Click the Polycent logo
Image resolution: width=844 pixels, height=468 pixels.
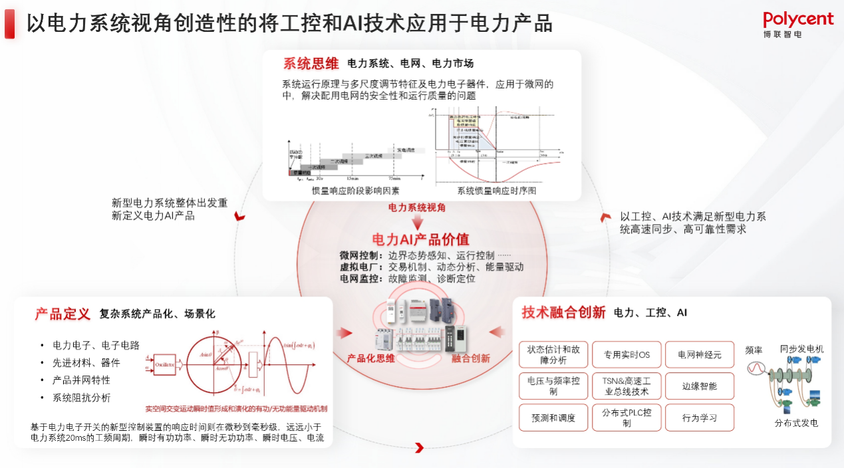(797, 24)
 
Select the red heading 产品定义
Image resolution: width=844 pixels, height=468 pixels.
(62, 314)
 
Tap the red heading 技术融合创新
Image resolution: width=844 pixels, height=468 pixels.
(563, 312)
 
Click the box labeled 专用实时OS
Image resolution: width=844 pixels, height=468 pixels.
(627, 355)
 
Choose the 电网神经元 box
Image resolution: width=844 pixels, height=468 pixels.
(699, 355)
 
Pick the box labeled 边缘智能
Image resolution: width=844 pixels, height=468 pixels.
(699, 386)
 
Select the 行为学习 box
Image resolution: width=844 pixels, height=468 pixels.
(699, 418)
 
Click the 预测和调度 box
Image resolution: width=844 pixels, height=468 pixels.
(553, 418)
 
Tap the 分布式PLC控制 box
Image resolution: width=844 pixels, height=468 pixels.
(627, 418)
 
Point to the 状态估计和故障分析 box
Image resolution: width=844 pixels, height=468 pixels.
(553, 355)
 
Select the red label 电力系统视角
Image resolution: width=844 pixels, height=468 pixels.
(417, 207)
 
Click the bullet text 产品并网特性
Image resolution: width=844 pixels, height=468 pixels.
(81, 380)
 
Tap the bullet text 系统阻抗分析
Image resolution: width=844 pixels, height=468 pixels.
(81, 398)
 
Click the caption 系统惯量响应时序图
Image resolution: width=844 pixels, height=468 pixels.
(496, 191)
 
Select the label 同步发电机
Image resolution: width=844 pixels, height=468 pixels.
(801, 349)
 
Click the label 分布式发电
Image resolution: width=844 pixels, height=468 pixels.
(796, 423)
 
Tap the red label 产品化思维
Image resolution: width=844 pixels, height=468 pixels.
(370, 358)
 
